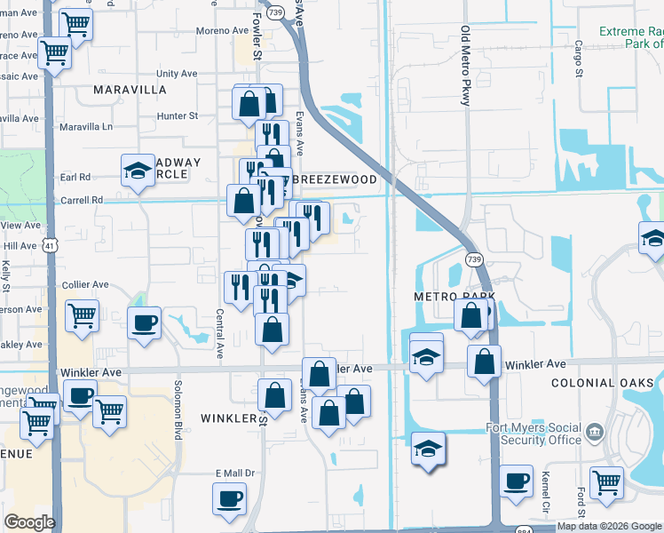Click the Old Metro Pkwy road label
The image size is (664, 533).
tap(465, 66)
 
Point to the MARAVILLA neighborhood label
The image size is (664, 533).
tap(130, 91)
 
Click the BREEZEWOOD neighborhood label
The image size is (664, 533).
tap(334, 179)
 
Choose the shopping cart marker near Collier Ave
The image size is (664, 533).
tap(82, 314)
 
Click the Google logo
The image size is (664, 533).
tap(29, 522)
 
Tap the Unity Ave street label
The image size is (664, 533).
tap(177, 74)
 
